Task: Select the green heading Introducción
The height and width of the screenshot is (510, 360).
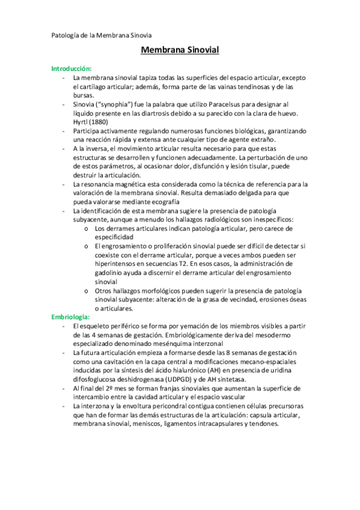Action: point(71,69)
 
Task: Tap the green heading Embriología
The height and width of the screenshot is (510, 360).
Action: point(70,316)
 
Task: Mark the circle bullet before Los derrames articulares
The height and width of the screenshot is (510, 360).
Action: point(88,229)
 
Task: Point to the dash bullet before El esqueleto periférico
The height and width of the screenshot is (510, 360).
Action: point(63,325)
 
